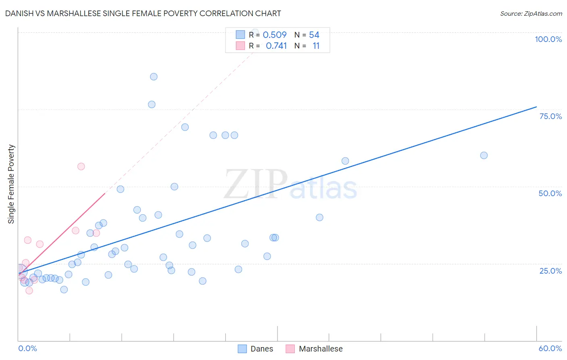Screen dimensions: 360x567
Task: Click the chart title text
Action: tap(143, 13)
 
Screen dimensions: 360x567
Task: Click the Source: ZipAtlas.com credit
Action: tap(531, 13)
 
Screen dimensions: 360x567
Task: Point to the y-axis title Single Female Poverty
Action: tap(11, 184)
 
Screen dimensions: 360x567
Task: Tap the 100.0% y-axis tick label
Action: tap(548, 39)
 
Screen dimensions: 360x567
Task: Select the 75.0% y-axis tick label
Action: tap(550, 116)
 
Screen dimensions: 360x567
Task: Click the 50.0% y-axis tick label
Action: tap(550, 193)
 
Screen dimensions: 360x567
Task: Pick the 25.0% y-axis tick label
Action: tap(550, 271)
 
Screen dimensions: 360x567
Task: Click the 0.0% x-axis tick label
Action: tap(27, 348)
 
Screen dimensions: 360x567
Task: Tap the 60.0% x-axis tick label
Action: tap(550, 348)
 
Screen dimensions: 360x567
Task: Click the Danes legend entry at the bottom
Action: tap(256, 349)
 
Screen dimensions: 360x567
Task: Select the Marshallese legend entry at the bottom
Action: tap(314, 349)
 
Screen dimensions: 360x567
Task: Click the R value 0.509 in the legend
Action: tap(275, 35)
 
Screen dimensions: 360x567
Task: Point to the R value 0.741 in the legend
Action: tap(276, 46)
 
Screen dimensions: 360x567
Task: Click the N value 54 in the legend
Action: tap(314, 35)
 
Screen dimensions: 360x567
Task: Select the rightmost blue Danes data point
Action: tap(484, 155)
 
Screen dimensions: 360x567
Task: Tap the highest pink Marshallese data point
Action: tap(81, 166)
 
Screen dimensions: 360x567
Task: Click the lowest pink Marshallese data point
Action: tap(29, 291)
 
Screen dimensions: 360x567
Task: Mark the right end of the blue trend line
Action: tap(536, 107)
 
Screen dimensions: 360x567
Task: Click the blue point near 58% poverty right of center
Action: tap(345, 161)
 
